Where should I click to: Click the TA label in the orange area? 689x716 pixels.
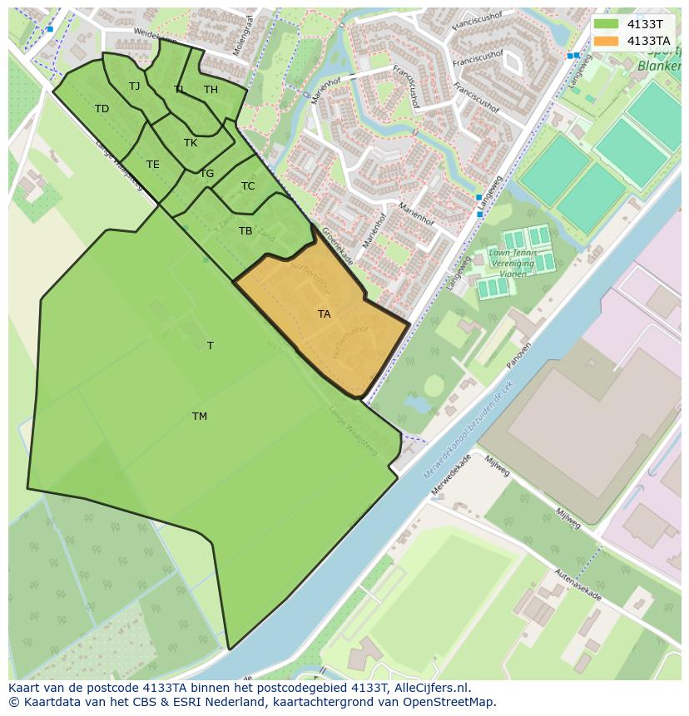pos(324,314)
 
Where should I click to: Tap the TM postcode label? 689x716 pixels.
pos(200,417)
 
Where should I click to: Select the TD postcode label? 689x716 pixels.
pos(102,109)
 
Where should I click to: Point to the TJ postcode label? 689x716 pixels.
pos(135,86)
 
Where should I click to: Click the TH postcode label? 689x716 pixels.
pos(211,90)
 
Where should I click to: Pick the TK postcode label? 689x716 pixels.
pos(191,143)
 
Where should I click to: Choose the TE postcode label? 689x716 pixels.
pos(153,165)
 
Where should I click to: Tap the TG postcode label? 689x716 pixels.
pos(206,174)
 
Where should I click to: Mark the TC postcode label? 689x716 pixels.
pos(248,186)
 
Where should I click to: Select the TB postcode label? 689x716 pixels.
pos(245,231)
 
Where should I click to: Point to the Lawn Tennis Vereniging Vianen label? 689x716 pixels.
pos(512,263)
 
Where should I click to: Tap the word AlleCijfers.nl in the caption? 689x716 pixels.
pos(431,688)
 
